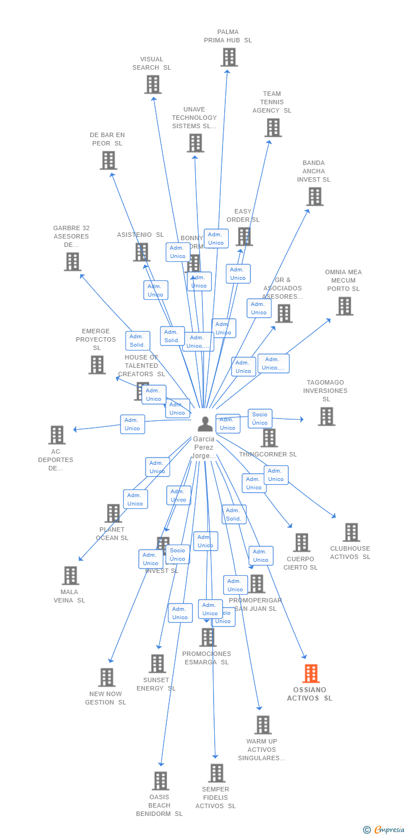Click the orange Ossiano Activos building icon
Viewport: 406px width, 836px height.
(311, 673)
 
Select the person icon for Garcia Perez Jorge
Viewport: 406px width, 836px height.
(205, 424)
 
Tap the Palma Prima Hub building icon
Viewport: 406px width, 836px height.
(229, 57)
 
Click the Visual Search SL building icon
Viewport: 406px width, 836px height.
(152, 84)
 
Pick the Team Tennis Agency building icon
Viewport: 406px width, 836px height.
(273, 127)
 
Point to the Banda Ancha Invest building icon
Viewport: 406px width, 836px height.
(315, 196)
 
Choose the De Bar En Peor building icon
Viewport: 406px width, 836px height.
(108, 160)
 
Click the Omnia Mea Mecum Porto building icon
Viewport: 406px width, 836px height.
(344, 305)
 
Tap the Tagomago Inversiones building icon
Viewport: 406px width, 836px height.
(326, 416)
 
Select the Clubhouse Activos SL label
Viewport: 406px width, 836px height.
(350, 552)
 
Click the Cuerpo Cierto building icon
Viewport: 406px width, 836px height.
(301, 542)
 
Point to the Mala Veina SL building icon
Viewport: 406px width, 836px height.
(70, 575)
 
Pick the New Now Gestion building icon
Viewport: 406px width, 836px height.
(106, 677)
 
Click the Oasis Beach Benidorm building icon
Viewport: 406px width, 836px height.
(160, 780)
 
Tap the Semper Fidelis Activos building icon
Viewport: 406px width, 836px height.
(216, 772)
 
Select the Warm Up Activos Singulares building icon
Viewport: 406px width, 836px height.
(263, 725)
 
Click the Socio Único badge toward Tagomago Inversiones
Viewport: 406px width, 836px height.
(260, 419)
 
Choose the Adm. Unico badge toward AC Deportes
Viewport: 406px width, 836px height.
(132, 424)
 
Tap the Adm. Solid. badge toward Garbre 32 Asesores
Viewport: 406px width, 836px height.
(137, 341)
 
